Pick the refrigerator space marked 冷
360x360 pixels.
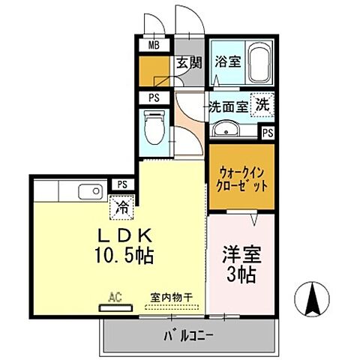pos(121,204)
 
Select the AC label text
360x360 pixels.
pos(115,296)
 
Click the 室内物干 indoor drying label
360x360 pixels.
pos(169,296)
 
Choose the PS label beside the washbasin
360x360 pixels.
pos(268,132)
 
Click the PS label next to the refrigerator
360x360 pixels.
pos(121,184)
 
